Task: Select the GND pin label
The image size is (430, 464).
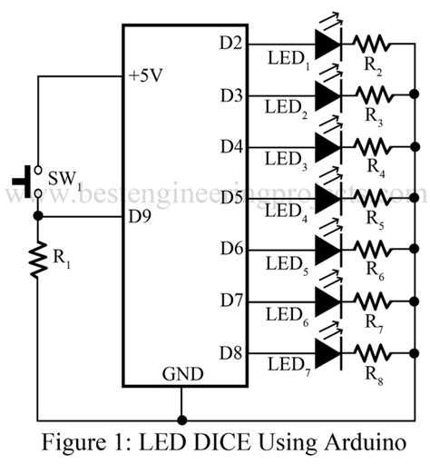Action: tap(182, 373)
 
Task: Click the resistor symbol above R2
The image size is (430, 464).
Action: tap(372, 43)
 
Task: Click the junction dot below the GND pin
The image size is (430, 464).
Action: tap(182, 420)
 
